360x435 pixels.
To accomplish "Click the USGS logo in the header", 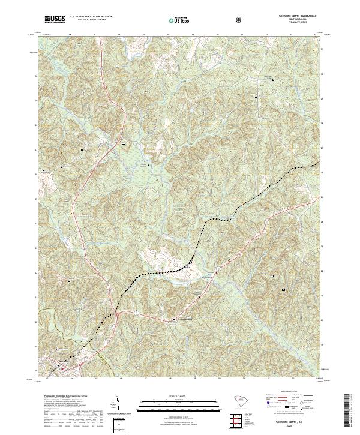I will [x=55, y=20].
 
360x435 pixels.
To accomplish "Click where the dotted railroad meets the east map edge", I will [x=320, y=162].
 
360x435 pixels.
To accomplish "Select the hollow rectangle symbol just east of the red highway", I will [x=124, y=144].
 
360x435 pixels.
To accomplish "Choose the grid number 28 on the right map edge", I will [x=323, y=122].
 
